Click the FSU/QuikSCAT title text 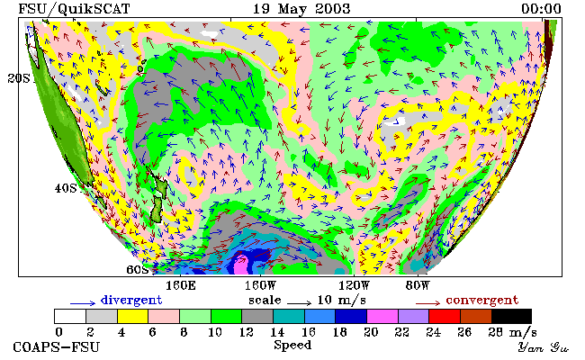point(74,9)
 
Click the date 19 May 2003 point(301,9)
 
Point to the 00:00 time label point(541,9)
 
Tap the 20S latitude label point(19,78)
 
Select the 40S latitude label point(66,188)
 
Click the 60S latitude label point(138,269)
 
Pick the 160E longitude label point(181,286)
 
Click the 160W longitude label point(260,286)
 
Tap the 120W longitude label point(354,286)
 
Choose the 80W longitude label point(418,286)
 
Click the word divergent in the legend point(131,301)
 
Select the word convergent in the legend point(482,301)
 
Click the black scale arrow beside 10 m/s point(299,302)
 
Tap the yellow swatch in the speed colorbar point(133,316)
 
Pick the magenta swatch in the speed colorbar point(382,316)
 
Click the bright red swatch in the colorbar point(445,316)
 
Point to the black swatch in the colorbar point(511,316)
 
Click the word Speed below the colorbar point(292,345)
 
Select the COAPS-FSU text point(57,347)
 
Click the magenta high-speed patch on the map point(240,264)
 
